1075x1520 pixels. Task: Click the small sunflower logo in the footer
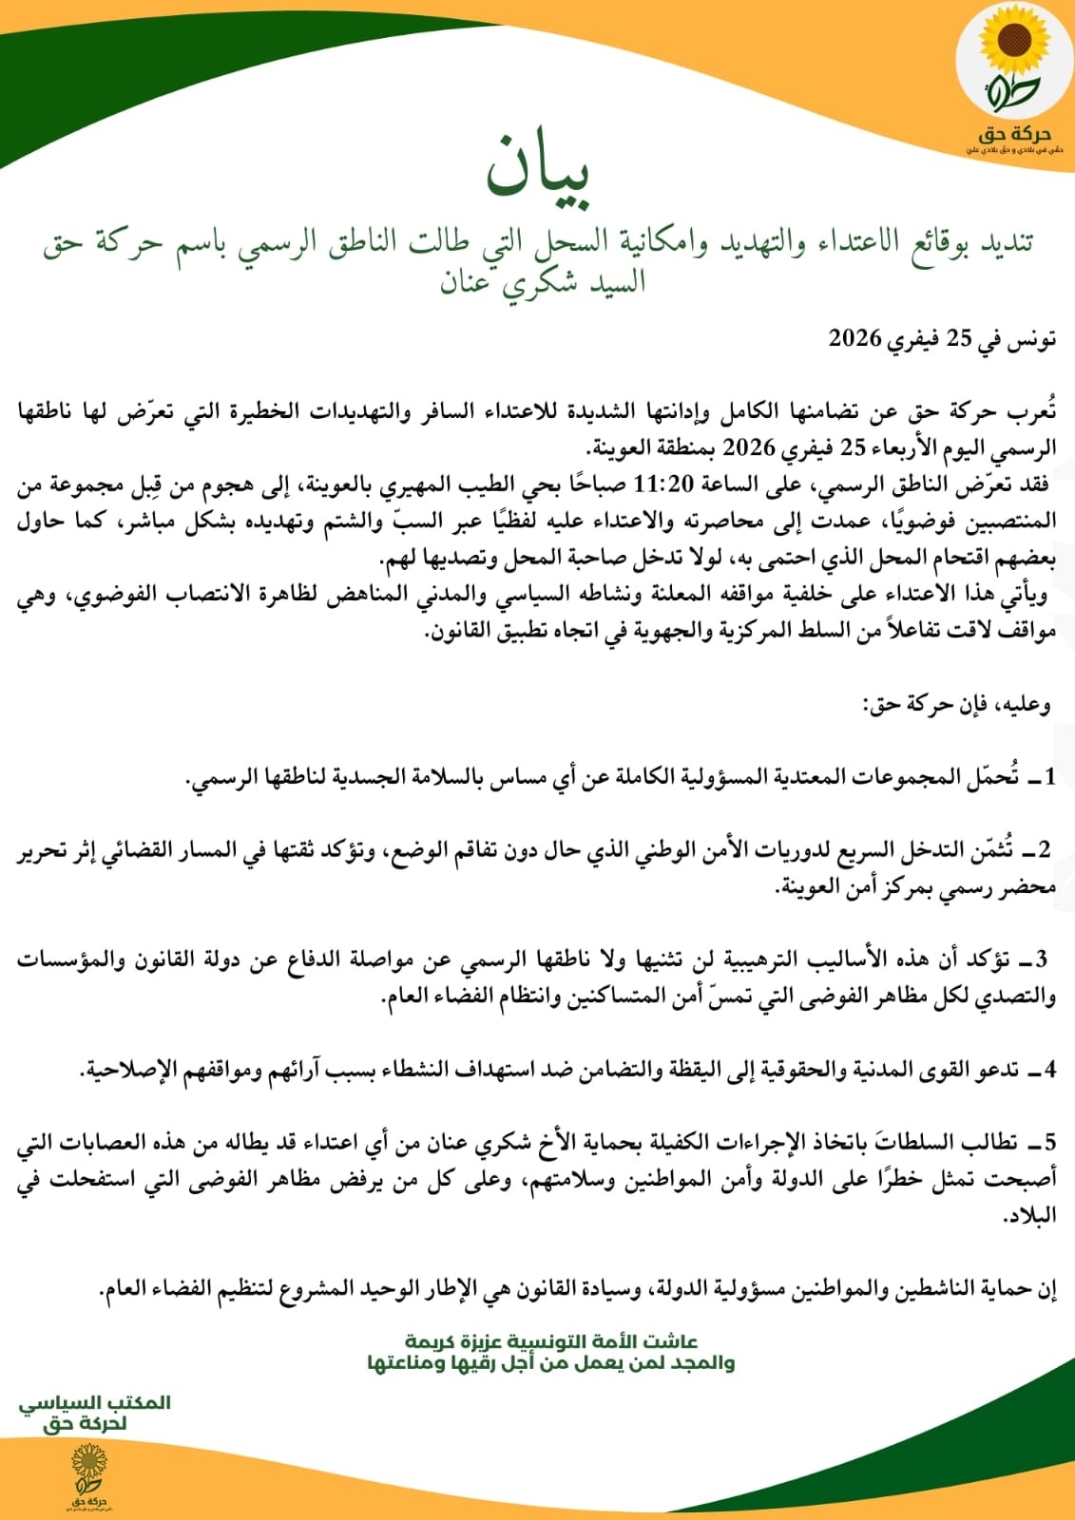pos(89,1468)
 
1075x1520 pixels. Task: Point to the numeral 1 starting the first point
pos(1048,777)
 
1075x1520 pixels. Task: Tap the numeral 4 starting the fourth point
pos(1048,1070)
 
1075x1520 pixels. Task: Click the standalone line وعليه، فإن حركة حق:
pos(955,705)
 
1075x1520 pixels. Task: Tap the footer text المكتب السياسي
pos(95,1402)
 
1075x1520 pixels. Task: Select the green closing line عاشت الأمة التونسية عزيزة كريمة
pos(551,1341)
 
